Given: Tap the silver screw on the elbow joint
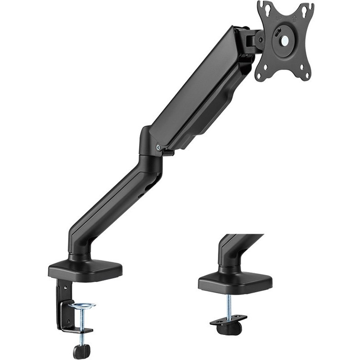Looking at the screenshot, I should (x=158, y=146).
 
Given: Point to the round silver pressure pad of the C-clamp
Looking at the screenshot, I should (x=82, y=306).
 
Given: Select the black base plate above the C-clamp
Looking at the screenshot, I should (x=85, y=270).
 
